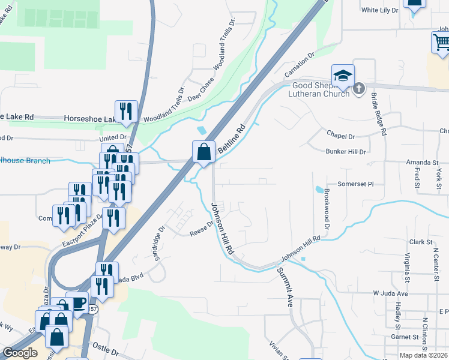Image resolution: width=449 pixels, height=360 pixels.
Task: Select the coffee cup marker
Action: [x=77, y=302]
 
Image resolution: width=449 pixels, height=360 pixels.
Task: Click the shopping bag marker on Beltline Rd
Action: [x=204, y=152]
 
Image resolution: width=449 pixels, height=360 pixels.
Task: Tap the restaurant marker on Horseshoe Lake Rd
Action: [x=126, y=112]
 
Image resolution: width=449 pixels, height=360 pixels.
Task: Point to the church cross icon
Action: [x=358, y=89]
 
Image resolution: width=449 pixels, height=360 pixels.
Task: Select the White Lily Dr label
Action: [x=379, y=10]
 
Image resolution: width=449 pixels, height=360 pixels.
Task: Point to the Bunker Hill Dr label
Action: [x=346, y=152]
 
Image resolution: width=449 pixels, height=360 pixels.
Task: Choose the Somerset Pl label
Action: [x=355, y=184]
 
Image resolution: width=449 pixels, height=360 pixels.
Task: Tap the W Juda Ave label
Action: [x=390, y=294]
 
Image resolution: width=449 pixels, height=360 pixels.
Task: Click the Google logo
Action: [x=20, y=353]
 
